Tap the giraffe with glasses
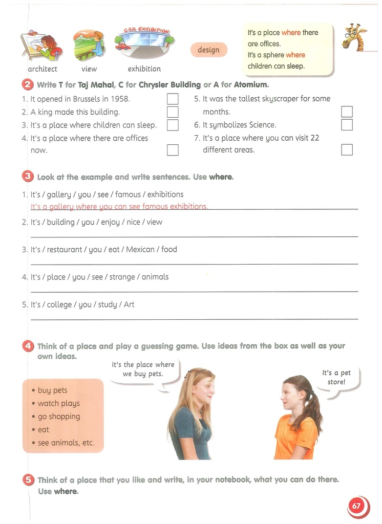tap(353, 37)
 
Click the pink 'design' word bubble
tap(208, 50)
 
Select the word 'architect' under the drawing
tap(43, 69)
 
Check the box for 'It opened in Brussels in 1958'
tap(173, 99)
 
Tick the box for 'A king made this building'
tap(173, 112)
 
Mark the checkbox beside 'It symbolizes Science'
tap(347, 124)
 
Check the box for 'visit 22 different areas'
tap(347, 149)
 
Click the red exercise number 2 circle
tap(28, 84)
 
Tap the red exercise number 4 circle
tap(28, 346)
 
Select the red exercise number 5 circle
tap(29, 480)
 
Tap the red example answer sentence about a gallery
tap(119, 207)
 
